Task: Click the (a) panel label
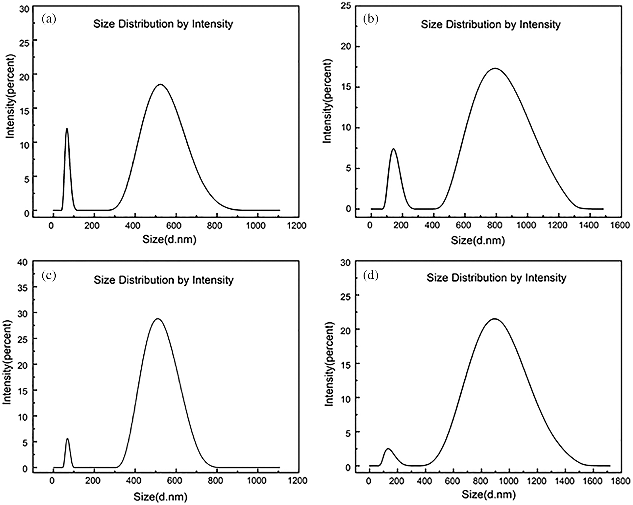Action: tap(49, 20)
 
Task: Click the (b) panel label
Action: tap(371, 20)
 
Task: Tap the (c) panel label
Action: tap(49, 275)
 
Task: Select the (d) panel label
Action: tap(371, 276)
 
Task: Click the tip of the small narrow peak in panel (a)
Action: tap(67, 129)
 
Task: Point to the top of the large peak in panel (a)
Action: tap(160, 84)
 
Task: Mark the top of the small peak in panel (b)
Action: tap(394, 149)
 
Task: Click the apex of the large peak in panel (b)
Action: tap(496, 68)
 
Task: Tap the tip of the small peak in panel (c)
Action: tap(67, 439)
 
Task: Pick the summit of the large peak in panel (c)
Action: tap(158, 318)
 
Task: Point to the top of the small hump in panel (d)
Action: tap(388, 449)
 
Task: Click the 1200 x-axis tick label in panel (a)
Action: tap(296, 226)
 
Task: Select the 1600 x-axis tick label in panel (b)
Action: tap(620, 225)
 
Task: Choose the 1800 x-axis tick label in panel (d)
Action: tap(620, 481)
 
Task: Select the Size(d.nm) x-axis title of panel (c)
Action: tap(160, 497)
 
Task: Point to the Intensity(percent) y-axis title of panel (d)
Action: tap(330, 364)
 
